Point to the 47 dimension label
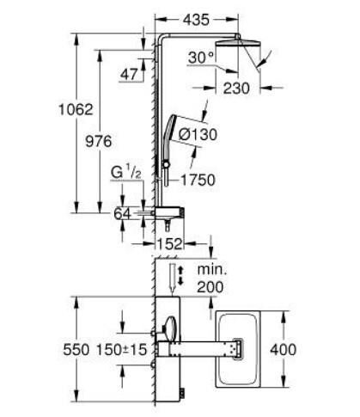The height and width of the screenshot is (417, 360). point(130,75)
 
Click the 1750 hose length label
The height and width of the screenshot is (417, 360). point(199,181)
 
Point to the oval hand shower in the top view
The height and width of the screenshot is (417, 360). point(170,328)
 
